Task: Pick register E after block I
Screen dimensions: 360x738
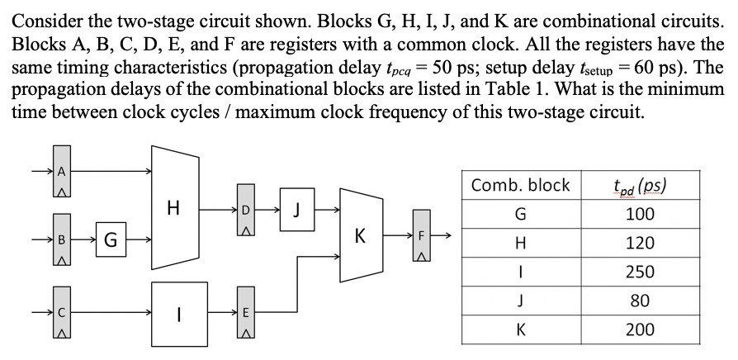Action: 241,313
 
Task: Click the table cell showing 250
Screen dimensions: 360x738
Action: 640,272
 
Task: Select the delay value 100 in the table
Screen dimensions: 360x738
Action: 640,214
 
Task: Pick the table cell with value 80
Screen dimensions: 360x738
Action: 640,301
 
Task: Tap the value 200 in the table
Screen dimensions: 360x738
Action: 640,329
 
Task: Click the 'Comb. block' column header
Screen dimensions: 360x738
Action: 520,185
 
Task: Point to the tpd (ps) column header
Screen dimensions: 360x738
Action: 640,185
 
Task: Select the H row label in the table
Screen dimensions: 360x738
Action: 520,243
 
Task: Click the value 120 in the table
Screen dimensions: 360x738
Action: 640,243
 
